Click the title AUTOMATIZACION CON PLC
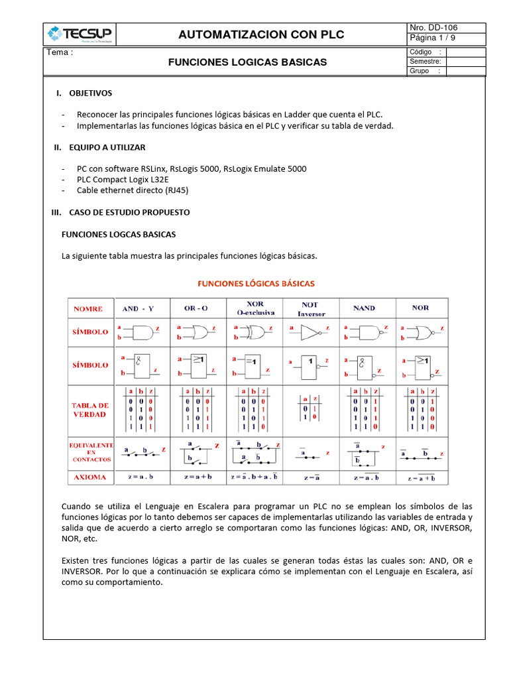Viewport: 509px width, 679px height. (262, 34)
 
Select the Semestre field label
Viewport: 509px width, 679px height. (425, 62)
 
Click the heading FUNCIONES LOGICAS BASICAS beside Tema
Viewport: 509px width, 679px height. (247, 62)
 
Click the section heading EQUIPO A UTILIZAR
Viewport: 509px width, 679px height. (107, 147)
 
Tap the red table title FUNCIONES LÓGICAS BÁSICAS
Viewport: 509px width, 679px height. (256, 283)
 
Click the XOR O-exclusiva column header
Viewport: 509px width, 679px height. (254, 308)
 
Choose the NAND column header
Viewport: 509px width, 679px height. (364, 308)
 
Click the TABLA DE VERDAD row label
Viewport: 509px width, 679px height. (90, 409)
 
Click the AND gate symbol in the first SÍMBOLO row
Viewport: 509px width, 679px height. (140, 332)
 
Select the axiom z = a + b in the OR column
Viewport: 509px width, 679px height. (197, 477)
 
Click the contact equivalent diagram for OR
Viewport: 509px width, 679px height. (197, 452)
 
